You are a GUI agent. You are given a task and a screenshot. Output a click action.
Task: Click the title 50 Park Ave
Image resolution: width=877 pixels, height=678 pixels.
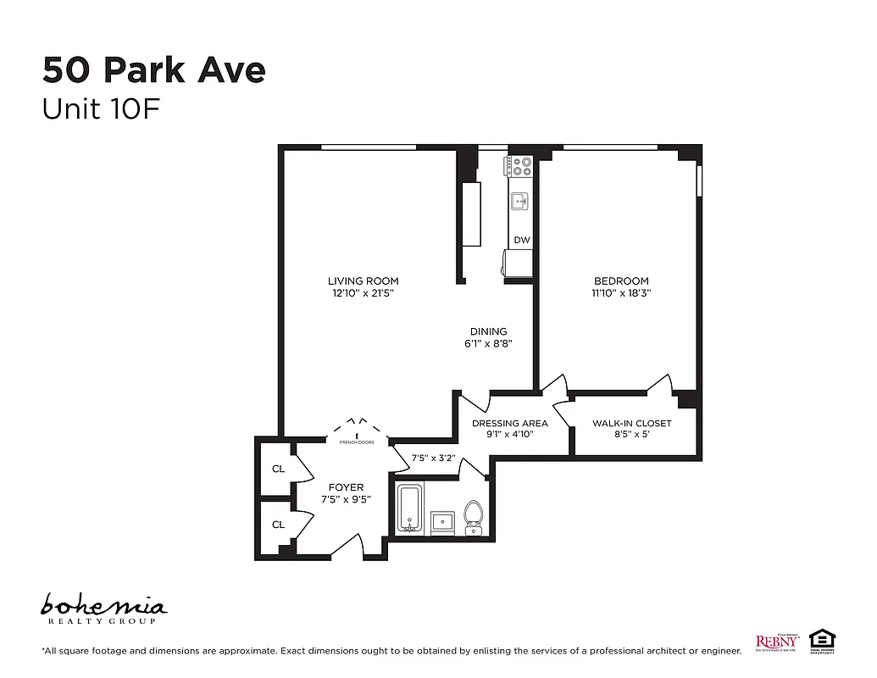(x=153, y=70)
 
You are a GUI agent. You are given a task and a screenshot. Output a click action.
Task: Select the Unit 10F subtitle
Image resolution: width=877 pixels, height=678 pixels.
(x=101, y=110)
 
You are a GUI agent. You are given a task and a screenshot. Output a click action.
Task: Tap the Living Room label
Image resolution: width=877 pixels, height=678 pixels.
(x=363, y=281)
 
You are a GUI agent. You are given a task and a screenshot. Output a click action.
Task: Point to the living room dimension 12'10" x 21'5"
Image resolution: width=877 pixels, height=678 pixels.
(x=363, y=293)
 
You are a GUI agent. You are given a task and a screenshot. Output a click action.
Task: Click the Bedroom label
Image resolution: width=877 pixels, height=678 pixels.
(x=621, y=281)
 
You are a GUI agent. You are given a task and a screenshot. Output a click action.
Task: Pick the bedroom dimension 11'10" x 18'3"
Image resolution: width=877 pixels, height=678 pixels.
(x=621, y=293)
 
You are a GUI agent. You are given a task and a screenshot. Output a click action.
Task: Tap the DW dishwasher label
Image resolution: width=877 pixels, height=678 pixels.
(x=521, y=241)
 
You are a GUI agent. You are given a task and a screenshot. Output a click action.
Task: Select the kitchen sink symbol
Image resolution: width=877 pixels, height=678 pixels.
(x=519, y=202)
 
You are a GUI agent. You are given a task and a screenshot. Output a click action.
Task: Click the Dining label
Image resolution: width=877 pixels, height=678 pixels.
(x=489, y=331)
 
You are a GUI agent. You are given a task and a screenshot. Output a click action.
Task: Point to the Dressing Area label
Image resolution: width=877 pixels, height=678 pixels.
(x=509, y=423)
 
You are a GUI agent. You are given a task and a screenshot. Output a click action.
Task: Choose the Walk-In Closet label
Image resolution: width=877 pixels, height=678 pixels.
(x=631, y=423)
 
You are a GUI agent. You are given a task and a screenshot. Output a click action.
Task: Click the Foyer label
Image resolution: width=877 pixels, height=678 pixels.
(x=346, y=487)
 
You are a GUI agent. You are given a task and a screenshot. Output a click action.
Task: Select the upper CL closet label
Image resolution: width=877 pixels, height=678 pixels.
(x=278, y=468)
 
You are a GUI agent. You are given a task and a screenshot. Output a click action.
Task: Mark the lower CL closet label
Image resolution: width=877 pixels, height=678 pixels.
(x=278, y=525)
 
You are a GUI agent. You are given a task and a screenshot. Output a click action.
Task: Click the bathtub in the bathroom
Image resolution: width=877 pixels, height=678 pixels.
(x=410, y=509)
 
